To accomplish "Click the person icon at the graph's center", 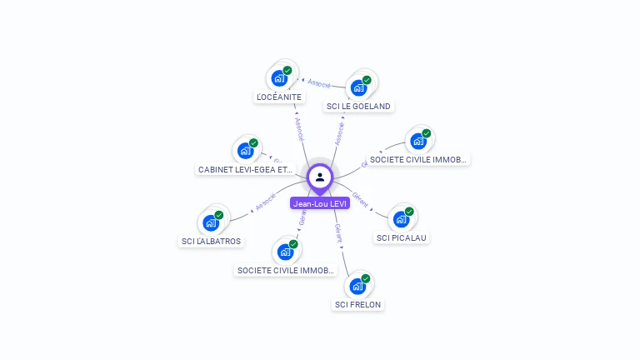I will [320, 177].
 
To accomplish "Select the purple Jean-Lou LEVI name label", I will [320, 203].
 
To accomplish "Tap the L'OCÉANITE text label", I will [279, 97].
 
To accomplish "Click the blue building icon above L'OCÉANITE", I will [278, 78].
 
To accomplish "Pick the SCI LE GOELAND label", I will [358, 106].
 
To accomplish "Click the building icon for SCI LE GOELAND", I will [358, 87].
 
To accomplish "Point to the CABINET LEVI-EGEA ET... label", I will [245, 169].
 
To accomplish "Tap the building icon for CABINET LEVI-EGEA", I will [245, 151].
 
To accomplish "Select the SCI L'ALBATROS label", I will [211, 242].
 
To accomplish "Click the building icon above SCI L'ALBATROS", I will [210, 222].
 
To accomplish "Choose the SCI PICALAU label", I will [402, 237].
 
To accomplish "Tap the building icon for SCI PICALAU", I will [401, 219].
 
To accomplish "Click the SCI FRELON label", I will [357, 304].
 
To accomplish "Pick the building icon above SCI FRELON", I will [357, 286].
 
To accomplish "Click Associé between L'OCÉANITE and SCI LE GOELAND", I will [319, 83].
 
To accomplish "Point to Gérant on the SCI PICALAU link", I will [360, 197].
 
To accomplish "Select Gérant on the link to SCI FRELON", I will [338, 232].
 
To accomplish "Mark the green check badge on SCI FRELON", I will [366, 278].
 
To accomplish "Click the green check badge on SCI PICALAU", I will [409, 212].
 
